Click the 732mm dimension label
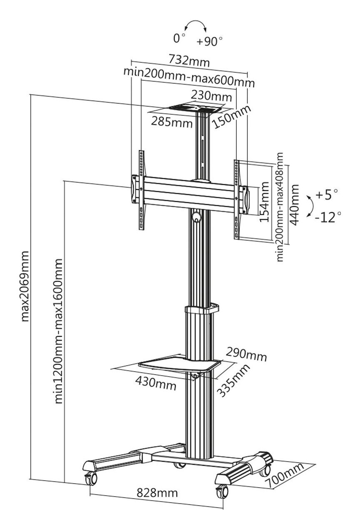click(x=189, y=61)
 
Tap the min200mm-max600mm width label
click(x=189, y=77)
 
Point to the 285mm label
click(x=172, y=122)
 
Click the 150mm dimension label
click(x=232, y=117)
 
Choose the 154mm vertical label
click(x=264, y=202)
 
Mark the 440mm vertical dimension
click(x=294, y=205)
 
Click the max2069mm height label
click(x=25, y=287)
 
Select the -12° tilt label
click(x=328, y=217)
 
